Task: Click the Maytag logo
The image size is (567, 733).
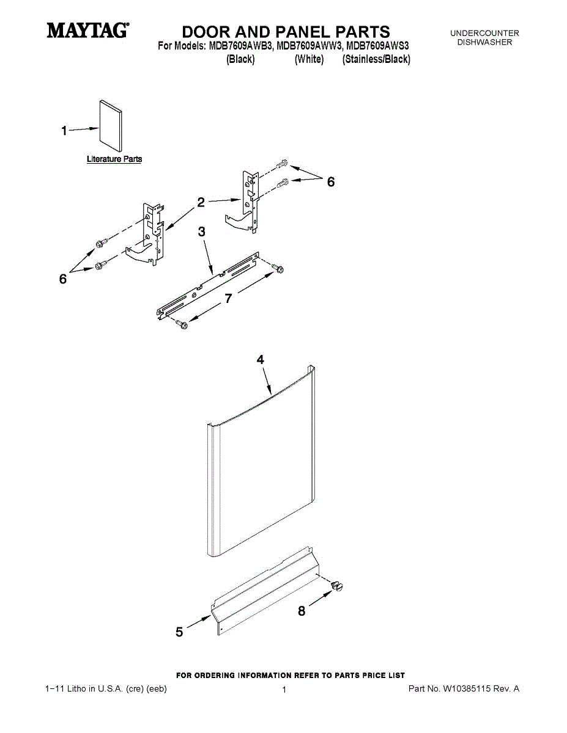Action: point(88,30)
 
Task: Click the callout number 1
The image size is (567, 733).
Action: point(64,130)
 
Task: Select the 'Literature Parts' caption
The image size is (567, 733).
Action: point(114,159)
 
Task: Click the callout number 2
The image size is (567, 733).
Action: point(201,203)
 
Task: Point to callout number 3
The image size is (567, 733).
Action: point(202,232)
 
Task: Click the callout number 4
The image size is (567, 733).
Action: point(261,360)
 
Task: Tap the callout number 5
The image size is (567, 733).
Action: point(179,633)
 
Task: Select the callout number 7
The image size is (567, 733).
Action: point(228,298)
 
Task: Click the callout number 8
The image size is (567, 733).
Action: point(302,611)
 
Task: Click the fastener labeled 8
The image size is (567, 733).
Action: point(337,586)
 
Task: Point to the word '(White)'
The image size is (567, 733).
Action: point(309,59)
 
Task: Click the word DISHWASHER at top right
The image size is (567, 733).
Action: point(484,42)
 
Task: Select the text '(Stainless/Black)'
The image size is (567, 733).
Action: point(376,59)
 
